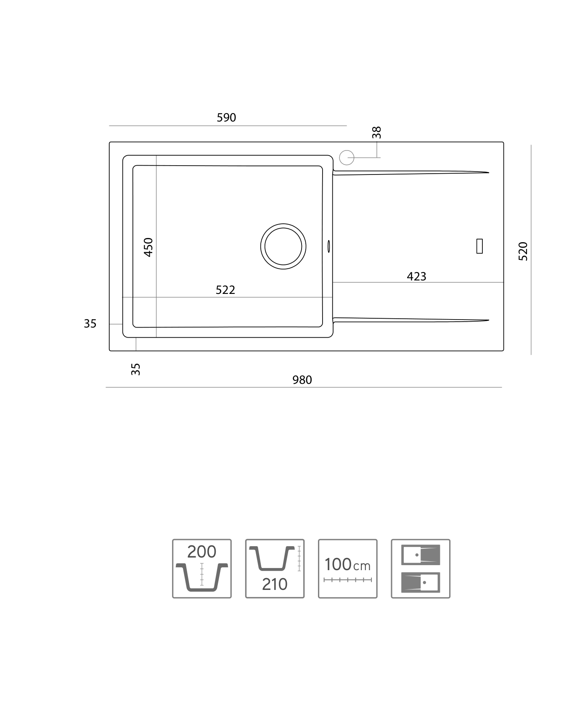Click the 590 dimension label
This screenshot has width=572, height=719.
pos(226,118)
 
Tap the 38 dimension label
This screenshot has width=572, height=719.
pos(376,132)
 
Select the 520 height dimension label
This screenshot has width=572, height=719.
pos(523,251)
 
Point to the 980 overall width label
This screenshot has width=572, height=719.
pos(302,380)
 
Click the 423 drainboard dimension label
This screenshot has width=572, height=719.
pos(416,277)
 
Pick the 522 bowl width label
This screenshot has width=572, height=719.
pos(225,290)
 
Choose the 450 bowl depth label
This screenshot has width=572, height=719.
pos(148,247)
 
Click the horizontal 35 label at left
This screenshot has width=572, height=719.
pos(90,324)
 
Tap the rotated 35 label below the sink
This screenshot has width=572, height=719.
pos(135,369)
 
